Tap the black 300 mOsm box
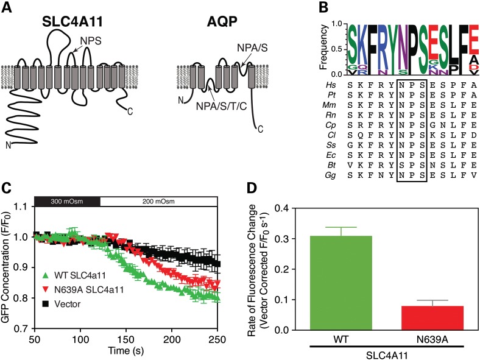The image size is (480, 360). [x=66, y=200]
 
